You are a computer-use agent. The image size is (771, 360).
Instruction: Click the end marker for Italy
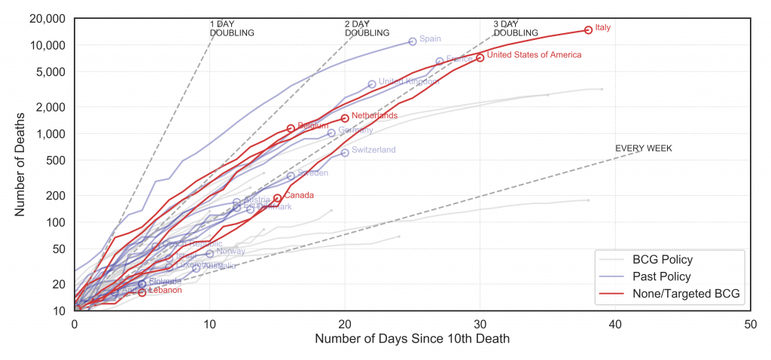[588, 30]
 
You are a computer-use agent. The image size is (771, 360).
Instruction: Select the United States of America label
[534, 55]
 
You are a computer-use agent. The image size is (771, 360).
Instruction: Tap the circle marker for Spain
[413, 41]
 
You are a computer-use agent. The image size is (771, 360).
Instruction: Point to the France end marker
[440, 61]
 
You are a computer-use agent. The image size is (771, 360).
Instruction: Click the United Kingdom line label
[409, 81]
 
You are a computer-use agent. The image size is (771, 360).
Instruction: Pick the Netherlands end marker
[345, 117]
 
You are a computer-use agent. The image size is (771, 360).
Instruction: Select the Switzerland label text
[373, 151]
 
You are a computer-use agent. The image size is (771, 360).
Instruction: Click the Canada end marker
[278, 198]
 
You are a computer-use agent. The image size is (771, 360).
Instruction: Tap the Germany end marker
[331, 133]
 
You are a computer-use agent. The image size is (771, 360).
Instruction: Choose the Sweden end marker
[291, 175]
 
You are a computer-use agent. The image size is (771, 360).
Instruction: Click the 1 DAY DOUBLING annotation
[232, 29]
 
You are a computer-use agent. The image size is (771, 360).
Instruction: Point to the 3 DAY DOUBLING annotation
[516, 29]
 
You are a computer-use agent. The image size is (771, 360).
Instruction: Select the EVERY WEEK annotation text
[643, 148]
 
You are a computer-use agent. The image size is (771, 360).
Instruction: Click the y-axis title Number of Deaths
[20, 164]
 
